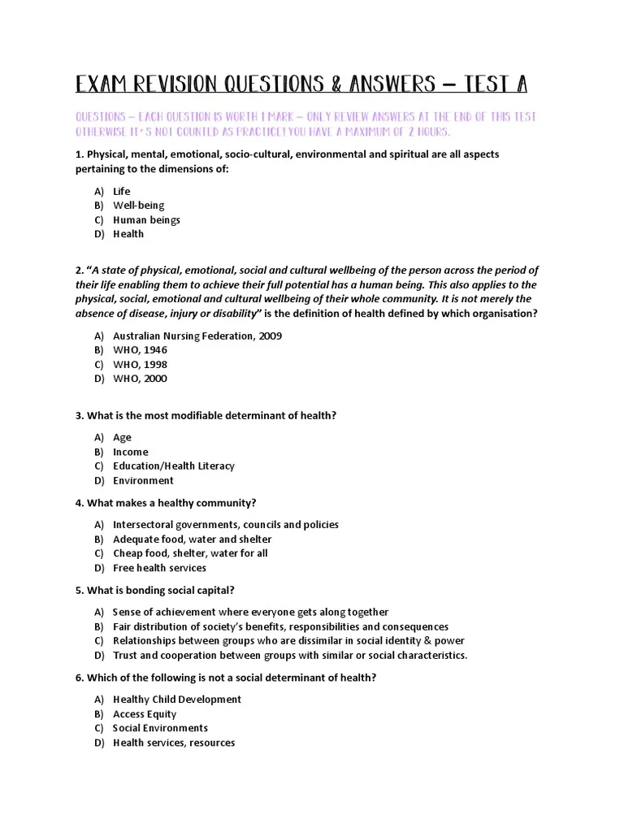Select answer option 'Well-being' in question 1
tap(138, 206)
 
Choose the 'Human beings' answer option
tap(146, 220)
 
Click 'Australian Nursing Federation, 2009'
tap(197, 336)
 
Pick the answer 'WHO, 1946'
tap(140, 350)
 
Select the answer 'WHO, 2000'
tap(140, 379)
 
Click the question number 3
tap(80, 415)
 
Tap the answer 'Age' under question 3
tap(122, 437)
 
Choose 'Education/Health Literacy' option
tap(173, 466)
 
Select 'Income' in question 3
tap(130, 452)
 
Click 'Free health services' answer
tap(159, 568)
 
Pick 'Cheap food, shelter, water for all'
tap(190, 553)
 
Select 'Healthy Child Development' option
tap(176, 700)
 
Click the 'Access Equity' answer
tap(144, 714)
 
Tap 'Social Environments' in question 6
tap(160, 728)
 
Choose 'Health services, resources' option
tap(174, 743)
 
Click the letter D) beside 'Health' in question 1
tap(99, 234)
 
